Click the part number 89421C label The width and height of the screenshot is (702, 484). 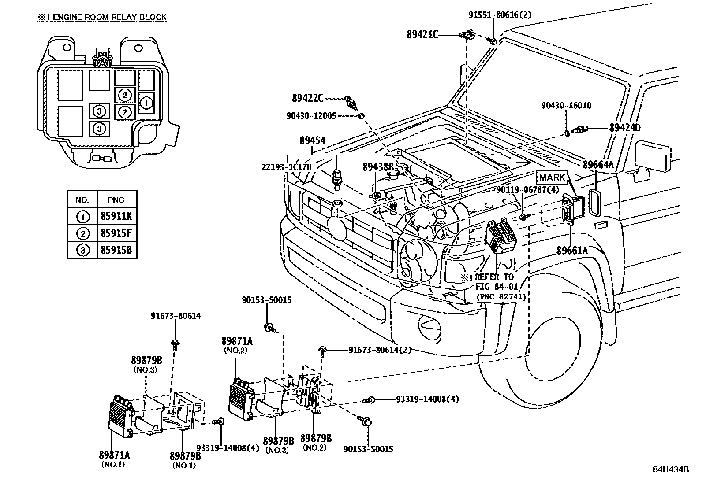[422, 34]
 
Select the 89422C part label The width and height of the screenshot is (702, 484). [307, 98]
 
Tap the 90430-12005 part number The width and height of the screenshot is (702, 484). [311, 116]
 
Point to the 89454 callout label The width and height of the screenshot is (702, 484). [312, 140]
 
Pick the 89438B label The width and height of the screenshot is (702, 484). [378, 167]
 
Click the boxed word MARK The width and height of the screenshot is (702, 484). [552, 178]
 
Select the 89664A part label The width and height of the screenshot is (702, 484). [598, 165]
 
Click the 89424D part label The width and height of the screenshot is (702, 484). [624, 128]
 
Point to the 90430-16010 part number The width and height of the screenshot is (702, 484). [566, 106]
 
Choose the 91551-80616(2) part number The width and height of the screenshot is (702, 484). [500, 15]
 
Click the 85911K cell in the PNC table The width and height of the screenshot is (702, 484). [116, 216]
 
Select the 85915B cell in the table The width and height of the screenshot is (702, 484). [116, 251]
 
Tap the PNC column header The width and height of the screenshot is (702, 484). [116, 200]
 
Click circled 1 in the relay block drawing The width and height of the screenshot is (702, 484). [146, 103]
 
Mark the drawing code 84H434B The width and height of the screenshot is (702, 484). [671, 469]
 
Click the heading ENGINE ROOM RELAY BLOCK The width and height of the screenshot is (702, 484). [102, 18]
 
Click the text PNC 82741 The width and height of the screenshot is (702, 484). [501, 297]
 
